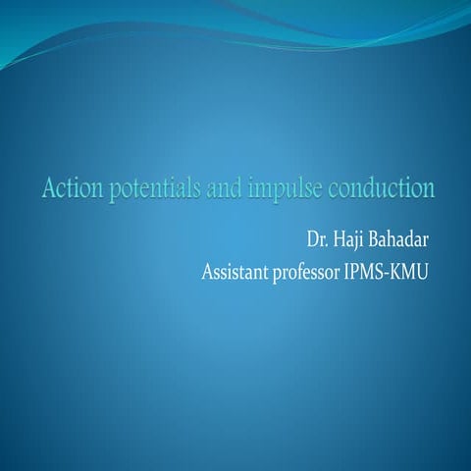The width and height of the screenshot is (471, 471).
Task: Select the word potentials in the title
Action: (155, 189)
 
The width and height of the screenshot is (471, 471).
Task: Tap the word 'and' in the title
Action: (225, 188)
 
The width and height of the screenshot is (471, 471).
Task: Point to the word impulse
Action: (285, 189)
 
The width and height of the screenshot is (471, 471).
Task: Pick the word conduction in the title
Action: (381, 188)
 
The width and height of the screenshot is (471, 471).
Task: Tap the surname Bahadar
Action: (398, 239)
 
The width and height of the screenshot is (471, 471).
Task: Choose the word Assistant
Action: (235, 272)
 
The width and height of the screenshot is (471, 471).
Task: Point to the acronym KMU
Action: (408, 272)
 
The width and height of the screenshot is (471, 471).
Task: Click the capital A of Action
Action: (49, 188)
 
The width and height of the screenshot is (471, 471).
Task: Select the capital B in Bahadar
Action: (373, 239)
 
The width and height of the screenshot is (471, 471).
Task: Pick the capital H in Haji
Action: (340, 239)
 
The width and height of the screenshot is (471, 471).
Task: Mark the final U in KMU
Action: (422, 272)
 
